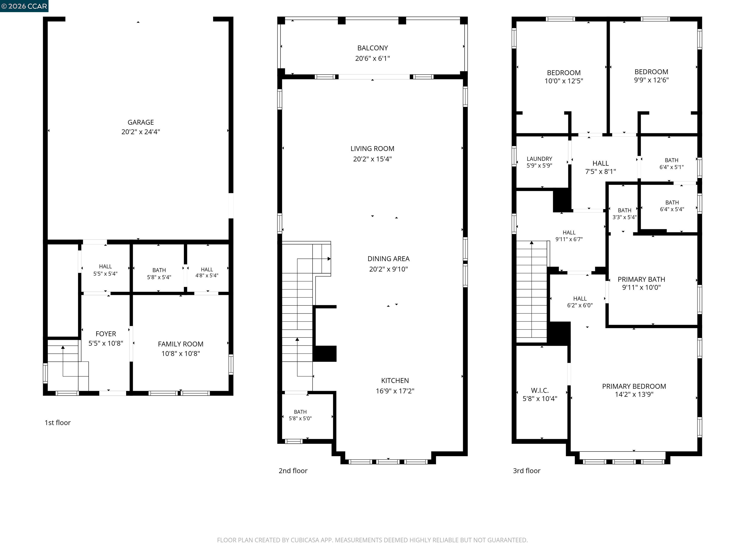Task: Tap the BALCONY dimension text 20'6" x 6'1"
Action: tap(372, 58)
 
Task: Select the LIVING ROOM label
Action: tap(372, 148)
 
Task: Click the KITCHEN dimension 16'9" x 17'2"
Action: tap(395, 391)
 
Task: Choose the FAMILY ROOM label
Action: tap(180, 344)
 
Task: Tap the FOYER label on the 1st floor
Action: tap(106, 334)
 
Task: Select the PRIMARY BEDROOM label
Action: tap(634, 386)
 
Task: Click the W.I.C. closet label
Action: tap(540, 391)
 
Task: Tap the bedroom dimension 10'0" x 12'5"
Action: tap(564, 81)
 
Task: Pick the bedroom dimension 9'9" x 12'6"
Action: tap(651, 80)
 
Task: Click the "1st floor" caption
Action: tap(57, 423)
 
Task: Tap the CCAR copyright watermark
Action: tap(24, 6)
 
